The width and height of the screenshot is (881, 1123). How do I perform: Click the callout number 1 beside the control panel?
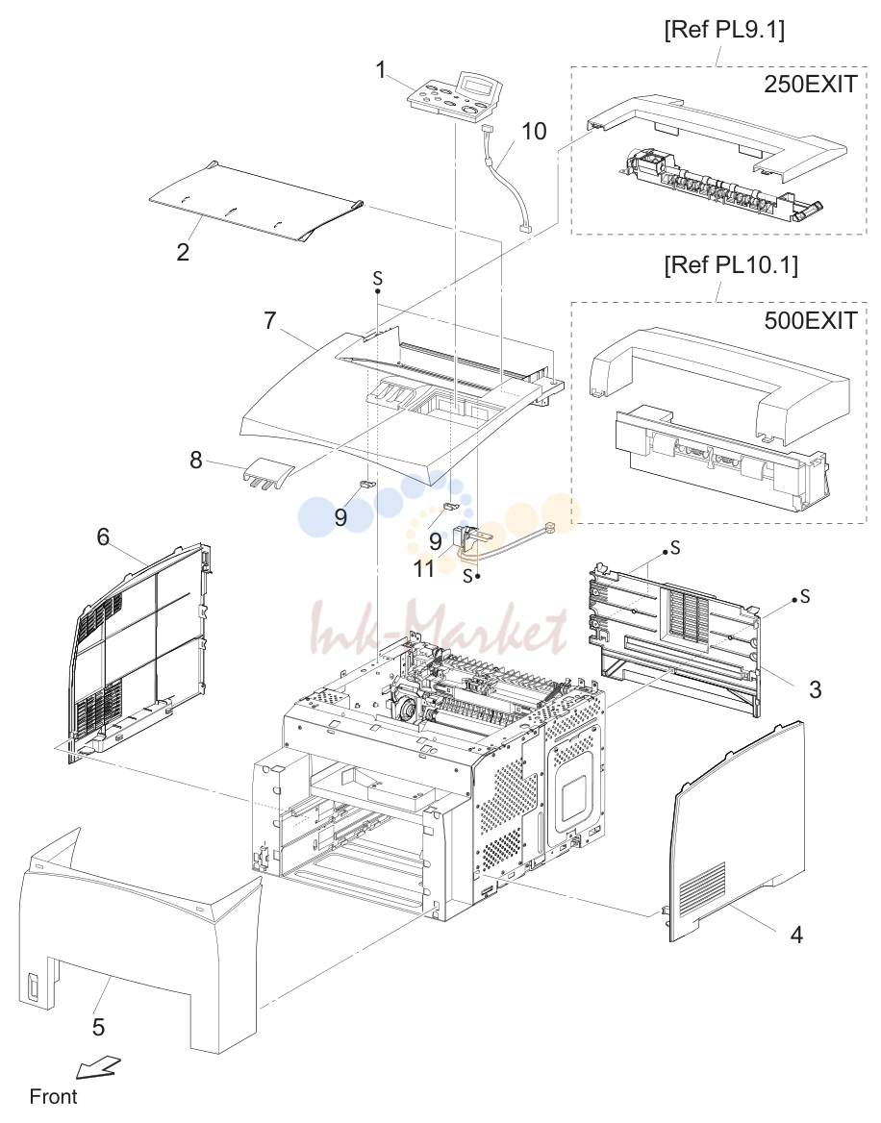coord(381,69)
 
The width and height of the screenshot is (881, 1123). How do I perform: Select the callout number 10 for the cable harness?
coord(534,131)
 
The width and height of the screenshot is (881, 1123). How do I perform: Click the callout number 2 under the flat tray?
coord(184,251)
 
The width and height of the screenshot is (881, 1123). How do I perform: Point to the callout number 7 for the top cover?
coord(269,320)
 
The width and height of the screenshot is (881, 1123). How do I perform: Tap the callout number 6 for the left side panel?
coord(103,537)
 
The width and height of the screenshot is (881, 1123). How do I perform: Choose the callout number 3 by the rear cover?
coord(815,689)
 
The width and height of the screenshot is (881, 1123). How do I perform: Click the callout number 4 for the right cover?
coord(796,934)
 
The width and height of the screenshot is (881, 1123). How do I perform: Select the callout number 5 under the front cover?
coord(98,1027)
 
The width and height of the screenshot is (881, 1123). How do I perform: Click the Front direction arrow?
coord(98,1067)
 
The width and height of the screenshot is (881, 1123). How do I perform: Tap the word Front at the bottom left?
coord(53,1096)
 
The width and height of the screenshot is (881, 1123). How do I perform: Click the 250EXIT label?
coord(810,84)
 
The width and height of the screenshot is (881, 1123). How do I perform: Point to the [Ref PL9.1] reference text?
coord(724,30)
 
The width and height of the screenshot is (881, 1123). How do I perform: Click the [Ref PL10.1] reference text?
coord(731,265)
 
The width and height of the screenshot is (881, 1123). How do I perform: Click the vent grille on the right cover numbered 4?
coord(702,891)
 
